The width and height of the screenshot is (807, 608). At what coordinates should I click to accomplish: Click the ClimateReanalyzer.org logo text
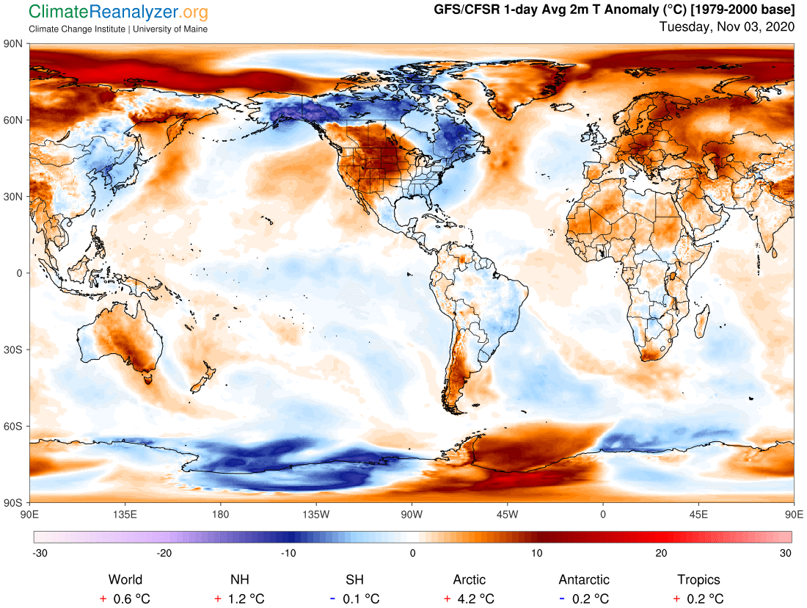click(x=117, y=12)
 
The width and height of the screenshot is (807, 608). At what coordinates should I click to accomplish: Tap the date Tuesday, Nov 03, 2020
click(x=726, y=27)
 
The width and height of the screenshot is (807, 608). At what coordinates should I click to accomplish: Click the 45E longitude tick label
click(x=698, y=513)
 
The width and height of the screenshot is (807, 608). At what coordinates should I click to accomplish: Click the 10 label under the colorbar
click(x=537, y=553)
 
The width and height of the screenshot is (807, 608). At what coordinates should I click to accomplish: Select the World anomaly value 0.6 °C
click(x=131, y=598)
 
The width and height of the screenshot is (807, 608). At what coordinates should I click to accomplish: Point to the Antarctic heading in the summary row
click(x=584, y=580)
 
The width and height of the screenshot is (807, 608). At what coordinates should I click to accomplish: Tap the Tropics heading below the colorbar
click(x=698, y=580)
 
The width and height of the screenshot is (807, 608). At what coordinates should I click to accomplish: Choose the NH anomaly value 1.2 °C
click(x=246, y=598)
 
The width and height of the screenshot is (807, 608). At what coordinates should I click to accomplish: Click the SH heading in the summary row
click(x=354, y=580)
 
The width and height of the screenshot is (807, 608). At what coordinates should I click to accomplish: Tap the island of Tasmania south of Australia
click(x=149, y=379)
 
